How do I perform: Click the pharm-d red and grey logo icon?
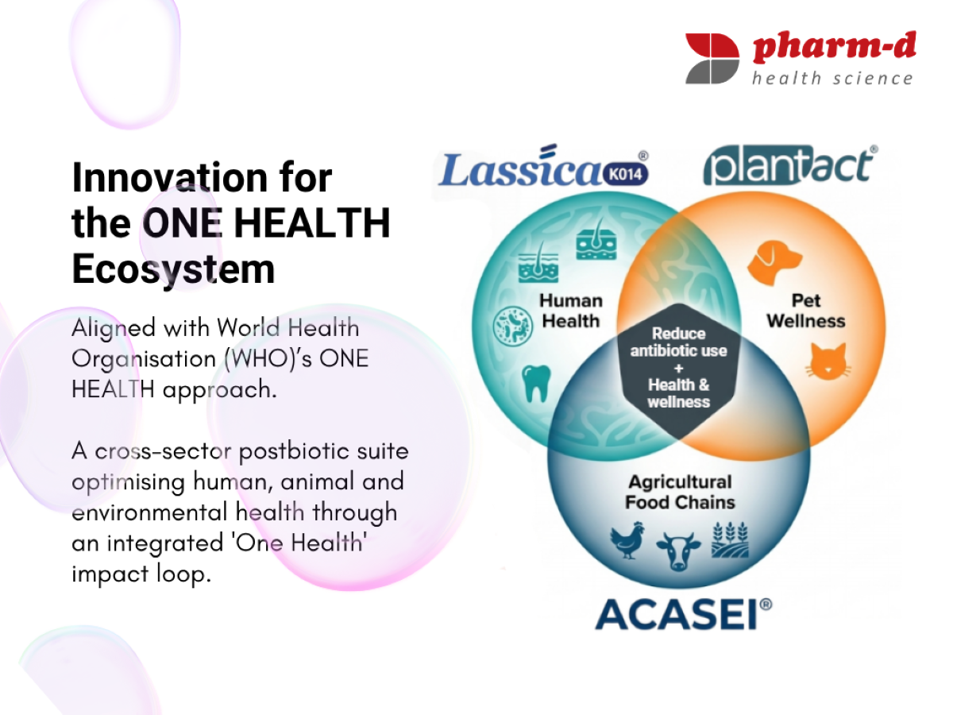(712, 58)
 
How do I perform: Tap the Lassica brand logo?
(543, 166)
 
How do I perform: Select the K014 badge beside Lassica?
(626, 174)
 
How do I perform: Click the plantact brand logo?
(790, 165)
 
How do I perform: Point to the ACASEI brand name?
(683, 614)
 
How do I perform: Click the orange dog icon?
(774, 263)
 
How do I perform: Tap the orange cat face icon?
(828, 361)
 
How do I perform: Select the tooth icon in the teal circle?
(536, 384)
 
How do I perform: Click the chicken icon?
(627, 539)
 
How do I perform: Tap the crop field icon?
(731, 539)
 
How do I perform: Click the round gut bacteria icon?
(513, 326)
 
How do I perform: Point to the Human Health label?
(571, 311)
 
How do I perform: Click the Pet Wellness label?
(806, 311)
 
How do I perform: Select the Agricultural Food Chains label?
(680, 493)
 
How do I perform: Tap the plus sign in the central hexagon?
(678, 369)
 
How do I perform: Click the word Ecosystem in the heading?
(173, 269)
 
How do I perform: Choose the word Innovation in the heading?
(170, 177)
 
